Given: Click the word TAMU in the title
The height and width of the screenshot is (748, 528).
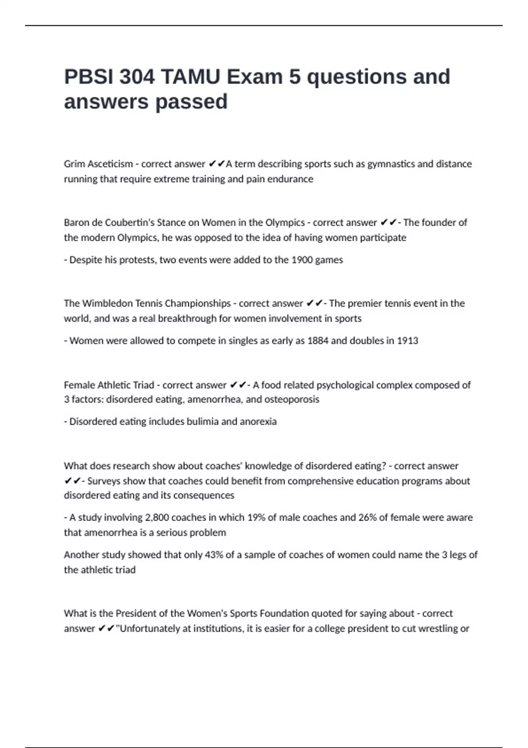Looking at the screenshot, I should click(x=191, y=77).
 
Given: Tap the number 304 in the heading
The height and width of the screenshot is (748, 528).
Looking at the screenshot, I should click(x=137, y=77).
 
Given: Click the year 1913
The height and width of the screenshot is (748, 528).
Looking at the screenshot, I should click(x=407, y=341).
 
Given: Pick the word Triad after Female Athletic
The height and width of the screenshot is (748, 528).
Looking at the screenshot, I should click(x=143, y=385).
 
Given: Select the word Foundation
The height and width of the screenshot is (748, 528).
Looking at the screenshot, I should click(x=284, y=613).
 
